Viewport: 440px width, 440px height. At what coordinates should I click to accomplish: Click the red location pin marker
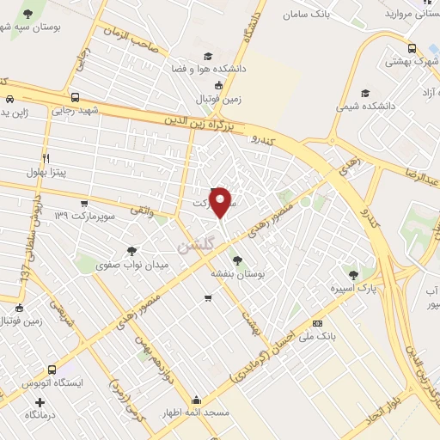(x=221, y=201)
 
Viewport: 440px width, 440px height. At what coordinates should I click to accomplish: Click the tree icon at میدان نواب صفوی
(x=131, y=251)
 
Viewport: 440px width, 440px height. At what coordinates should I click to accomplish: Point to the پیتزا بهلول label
(x=46, y=173)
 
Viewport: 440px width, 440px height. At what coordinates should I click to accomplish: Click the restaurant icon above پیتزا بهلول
(x=46, y=158)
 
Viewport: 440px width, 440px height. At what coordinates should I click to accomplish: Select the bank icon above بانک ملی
(x=317, y=323)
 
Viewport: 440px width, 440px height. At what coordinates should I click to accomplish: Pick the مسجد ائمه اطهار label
(x=197, y=413)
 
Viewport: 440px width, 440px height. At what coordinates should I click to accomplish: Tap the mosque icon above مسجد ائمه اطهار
(x=197, y=400)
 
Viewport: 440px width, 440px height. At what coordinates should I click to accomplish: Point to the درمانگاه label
(x=40, y=414)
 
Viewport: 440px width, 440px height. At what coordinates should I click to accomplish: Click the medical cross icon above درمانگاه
(x=40, y=401)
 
